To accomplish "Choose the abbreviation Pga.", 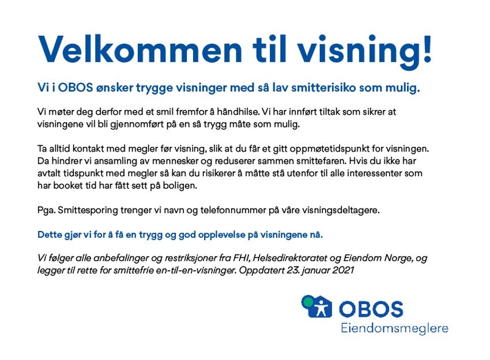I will (47, 210).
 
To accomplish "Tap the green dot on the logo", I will (308, 301).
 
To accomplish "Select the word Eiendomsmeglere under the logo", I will (394, 329).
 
